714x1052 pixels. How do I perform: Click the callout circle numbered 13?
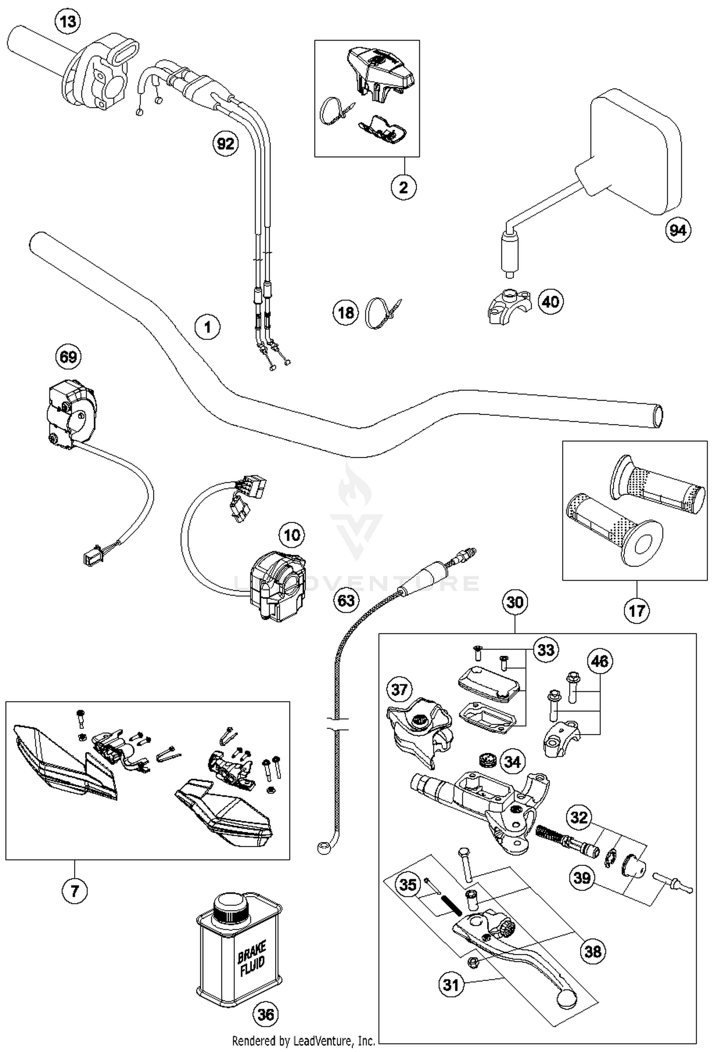click(68, 21)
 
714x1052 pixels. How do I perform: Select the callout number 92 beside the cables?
click(225, 143)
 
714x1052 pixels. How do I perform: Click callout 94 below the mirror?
click(677, 230)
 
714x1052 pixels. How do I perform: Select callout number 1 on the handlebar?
click(208, 327)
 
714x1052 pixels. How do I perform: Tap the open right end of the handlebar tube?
click(658, 415)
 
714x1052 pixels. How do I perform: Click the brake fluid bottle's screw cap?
click(230, 907)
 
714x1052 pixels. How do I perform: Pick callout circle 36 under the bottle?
click(265, 1014)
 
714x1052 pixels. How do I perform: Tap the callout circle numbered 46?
click(599, 661)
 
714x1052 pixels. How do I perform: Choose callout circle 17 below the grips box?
click(636, 610)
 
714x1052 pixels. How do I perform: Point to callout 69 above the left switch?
click(68, 356)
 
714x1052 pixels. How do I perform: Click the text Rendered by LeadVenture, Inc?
click(303, 1040)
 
